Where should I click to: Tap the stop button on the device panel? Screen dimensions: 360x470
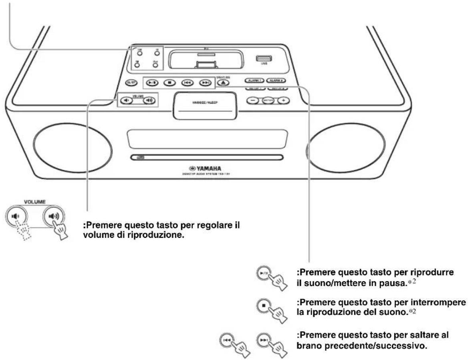click(169, 82)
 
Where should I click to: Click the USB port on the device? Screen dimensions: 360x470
click(261, 58)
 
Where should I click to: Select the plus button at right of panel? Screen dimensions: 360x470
click(283, 100)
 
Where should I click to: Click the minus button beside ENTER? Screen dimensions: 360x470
click(252, 100)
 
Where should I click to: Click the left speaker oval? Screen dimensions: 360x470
click(72, 146)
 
